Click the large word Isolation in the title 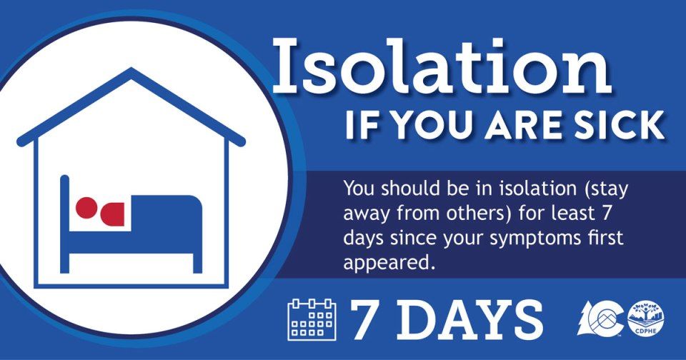(x=441, y=68)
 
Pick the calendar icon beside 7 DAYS (x=311, y=319)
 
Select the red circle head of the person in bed (x=86, y=208)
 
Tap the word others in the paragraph (x=489, y=213)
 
